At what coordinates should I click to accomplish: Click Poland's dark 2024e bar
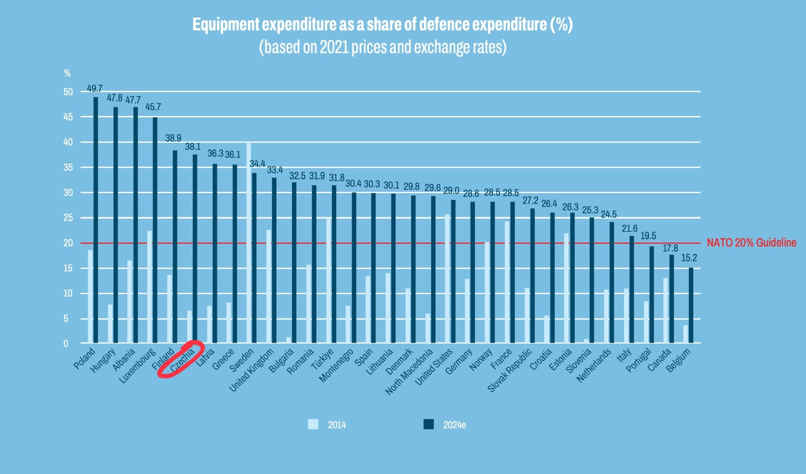click(x=96, y=220)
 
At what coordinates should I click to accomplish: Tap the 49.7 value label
click(x=95, y=89)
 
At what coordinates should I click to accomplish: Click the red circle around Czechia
click(x=181, y=359)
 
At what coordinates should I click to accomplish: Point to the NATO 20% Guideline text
click(x=751, y=243)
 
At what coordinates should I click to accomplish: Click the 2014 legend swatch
click(x=313, y=424)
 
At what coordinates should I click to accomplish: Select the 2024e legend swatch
click(x=429, y=424)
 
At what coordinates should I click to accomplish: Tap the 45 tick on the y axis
click(x=68, y=117)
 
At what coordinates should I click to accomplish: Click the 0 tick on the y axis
click(x=66, y=343)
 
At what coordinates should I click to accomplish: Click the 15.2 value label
click(x=689, y=258)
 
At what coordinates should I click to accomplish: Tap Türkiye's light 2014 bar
click(x=328, y=281)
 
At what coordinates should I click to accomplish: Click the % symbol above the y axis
click(x=67, y=73)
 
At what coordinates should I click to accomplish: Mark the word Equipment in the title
click(x=226, y=24)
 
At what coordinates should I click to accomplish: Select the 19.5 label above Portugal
click(x=648, y=236)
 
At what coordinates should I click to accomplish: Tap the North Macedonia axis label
click(x=409, y=372)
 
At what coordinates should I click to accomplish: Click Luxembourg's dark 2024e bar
click(x=155, y=230)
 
